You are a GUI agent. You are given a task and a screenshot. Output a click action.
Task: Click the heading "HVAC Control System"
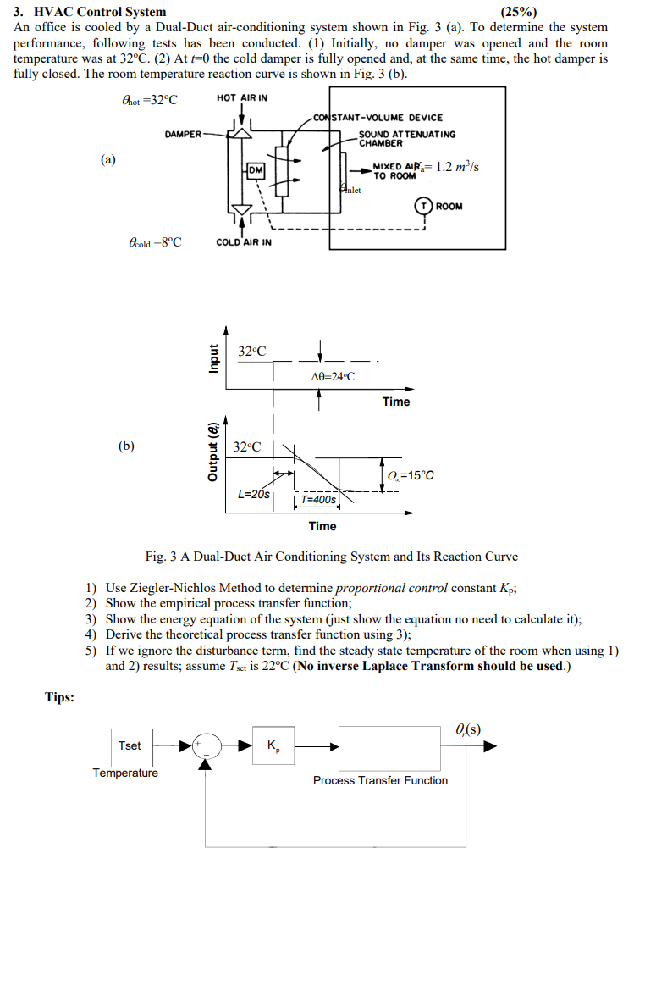[x=99, y=12]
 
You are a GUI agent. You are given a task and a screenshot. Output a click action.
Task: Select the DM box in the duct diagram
[x=255, y=171]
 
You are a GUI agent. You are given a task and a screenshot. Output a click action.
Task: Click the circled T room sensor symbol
[x=422, y=206]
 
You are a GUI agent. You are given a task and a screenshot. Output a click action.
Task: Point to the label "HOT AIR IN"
[x=242, y=98]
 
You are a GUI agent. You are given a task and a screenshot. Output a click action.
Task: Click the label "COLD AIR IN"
[x=244, y=242]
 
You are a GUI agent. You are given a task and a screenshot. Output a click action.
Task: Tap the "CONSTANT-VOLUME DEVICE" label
[x=378, y=118]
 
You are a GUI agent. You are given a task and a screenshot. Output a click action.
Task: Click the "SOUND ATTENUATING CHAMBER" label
[x=406, y=138]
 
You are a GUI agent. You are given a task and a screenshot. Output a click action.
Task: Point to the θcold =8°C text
[x=153, y=242]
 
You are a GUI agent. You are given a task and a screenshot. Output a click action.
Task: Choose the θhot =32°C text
[x=150, y=100]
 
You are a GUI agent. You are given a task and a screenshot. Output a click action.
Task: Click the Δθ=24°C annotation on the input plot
[x=334, y=376]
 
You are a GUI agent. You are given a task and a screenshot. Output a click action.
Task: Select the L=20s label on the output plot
[x=254, y=494]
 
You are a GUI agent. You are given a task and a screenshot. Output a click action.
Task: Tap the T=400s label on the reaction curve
[x=318, y=500]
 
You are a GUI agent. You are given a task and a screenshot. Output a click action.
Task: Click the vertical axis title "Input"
[x=214, y=360]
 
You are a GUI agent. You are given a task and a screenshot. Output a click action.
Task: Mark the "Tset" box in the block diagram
[x=130, y=745]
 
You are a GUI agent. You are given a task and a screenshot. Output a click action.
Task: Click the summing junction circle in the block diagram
[x=206, y=745]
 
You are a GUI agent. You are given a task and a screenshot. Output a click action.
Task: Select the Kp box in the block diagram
[x=273, y=745]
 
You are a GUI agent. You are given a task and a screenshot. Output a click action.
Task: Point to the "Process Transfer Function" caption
[x=380, y=780]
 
